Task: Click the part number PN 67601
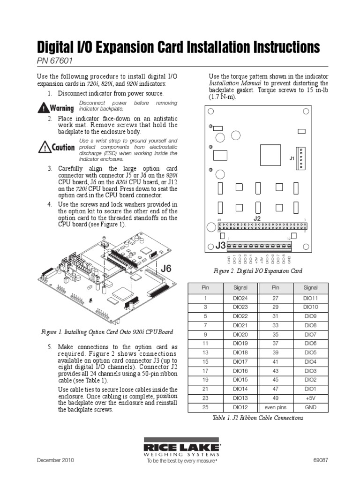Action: click(54, 61)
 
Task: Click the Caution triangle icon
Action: click(44, 147)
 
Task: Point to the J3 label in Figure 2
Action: click(220, 246)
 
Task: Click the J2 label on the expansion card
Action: click(256, 218)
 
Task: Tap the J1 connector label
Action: click(292, 158)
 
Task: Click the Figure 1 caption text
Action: click(106, 332)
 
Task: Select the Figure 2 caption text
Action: click(257, 271)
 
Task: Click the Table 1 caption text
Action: click(258, 418)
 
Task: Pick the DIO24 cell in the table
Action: click(240, 298)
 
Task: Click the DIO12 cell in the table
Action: click(240, 407)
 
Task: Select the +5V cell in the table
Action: click(310, 398)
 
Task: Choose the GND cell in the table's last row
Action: click(310, 407)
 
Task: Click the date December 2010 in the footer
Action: click(55, 460)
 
